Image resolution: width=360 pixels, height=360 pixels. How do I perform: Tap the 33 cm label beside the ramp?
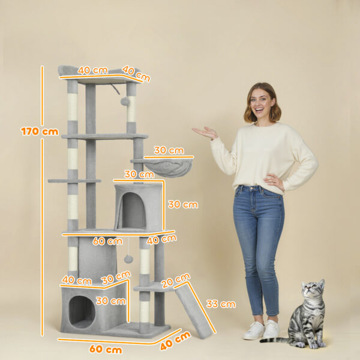(x=220, y=304)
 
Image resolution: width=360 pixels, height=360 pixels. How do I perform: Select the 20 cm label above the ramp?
(x=176, y=280)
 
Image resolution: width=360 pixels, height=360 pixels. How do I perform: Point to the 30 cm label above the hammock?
(x=169, y=150)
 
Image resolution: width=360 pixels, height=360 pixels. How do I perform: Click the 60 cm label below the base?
(x=106, y=349)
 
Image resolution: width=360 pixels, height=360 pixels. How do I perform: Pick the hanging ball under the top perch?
(x=125, y=101)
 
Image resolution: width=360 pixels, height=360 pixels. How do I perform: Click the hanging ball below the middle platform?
(x=128, y=259)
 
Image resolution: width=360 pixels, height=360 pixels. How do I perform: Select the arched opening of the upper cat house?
(x=133, y=211)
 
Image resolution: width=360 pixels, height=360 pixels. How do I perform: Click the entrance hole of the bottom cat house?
(x=82, y=311)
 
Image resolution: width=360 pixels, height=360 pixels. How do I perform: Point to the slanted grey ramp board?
(x=193, y=312)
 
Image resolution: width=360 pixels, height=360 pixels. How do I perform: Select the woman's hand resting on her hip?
(x=274, y=181)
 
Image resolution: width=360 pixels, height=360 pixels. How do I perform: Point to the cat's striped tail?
(x=275, y=340)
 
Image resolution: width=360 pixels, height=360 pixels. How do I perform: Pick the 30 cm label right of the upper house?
(x=182, y=205)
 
